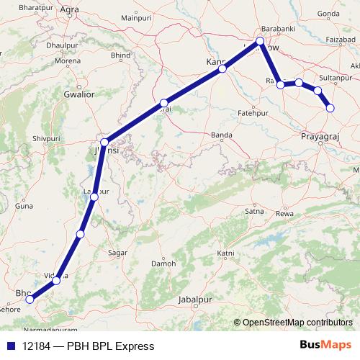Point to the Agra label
(70, 9)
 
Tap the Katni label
(226, 253)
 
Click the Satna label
(253, 212)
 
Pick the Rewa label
(287, 213)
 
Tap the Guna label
(25, 206)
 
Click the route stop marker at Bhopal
(30, 300)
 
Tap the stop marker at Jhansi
(105, 142)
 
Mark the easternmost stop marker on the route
(330, 108)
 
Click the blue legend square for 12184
(12, 346)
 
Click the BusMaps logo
(325, 346)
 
